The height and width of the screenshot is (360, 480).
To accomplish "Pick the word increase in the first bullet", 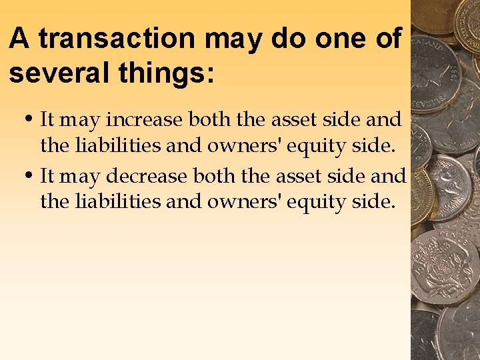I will tap(145, 121).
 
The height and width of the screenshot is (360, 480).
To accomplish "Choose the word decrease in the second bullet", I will tap(147, 177).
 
